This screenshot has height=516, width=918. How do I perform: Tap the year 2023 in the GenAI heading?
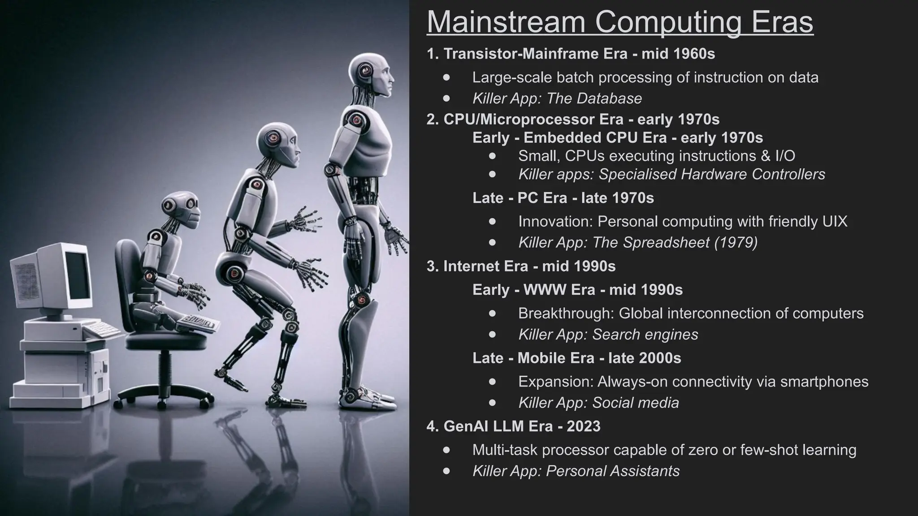coord(583,426)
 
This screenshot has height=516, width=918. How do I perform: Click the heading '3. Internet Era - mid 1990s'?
coord(521,266)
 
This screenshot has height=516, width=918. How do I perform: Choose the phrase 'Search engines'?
coord(645,334)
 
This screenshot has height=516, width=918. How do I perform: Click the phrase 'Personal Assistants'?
coord(613,471)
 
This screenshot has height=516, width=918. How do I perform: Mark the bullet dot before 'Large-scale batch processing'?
coord(446,77)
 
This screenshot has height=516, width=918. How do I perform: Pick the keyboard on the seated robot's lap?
coord(197,322)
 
